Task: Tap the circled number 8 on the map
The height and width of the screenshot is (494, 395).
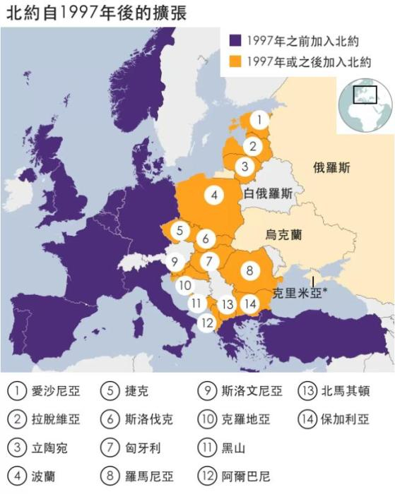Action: [x=250, y=270]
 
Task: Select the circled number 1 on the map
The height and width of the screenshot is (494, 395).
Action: [x=260, y=121]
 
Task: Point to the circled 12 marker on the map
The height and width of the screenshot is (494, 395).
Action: [x=207, y=323]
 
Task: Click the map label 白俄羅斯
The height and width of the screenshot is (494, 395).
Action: [x=268, y=193]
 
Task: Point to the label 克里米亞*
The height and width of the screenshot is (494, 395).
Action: [x=299, y=291]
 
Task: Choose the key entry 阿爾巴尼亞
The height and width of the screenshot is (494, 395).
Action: [x=251, y=476]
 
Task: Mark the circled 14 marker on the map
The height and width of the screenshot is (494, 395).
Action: [x=249, y=304]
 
